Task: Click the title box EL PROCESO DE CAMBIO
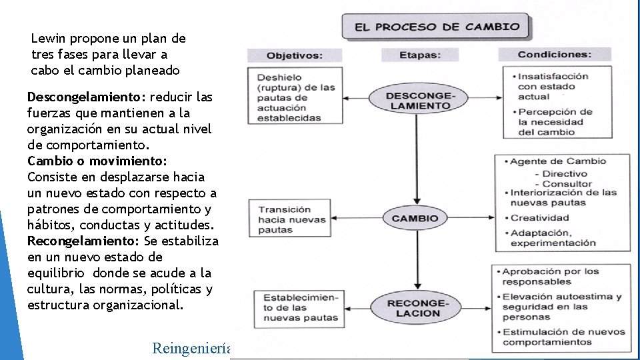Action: (x=437, y=27)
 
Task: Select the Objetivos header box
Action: (x=295, y=55)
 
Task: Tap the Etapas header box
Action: (x=420, y=55)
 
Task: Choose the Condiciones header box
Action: (x=554, y=55)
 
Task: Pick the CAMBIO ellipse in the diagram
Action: (x=415, y=218)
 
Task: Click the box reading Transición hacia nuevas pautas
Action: (x=293, y=219)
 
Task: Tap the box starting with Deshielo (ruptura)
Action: (x=295, y=97)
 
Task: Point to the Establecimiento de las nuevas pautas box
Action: (x=300, y=307)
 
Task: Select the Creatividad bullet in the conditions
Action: (x=539, y=217)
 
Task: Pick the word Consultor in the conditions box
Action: (x=567, y=183)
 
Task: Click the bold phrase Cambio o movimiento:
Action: (x=97, y=161)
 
